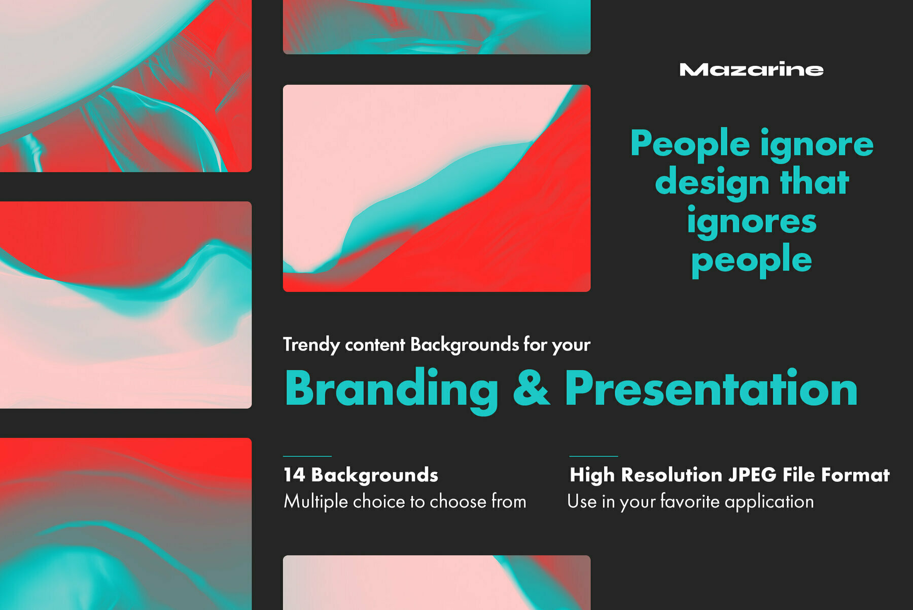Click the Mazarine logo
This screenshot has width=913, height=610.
coord(751,69)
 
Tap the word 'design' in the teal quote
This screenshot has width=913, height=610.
coord(712,183)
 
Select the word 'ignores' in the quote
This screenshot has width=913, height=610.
coord(752,222)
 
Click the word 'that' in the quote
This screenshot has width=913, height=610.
coord(815,180)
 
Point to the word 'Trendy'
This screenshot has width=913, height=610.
coord(311,345)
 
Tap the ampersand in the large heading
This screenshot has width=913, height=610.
coord(532,388)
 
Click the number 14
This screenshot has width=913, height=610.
coord(294,475)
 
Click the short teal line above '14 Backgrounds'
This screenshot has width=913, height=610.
coord(307,456)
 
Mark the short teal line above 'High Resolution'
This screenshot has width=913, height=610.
coord(593,456)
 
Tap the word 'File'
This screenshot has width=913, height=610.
coord(799,475)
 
